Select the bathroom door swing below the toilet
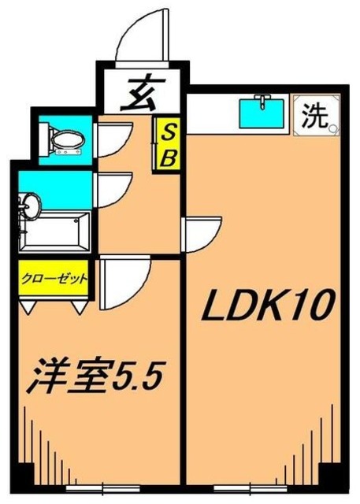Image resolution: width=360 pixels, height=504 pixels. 109,187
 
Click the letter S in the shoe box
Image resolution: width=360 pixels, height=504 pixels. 168,132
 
